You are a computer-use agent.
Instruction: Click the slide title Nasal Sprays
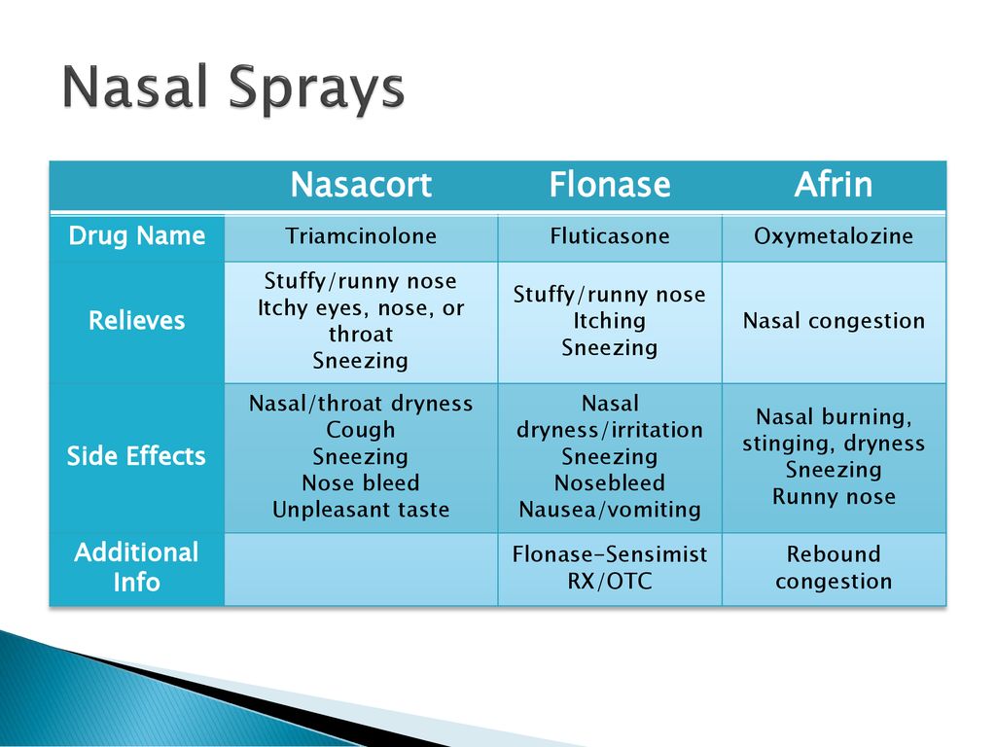tap(233, 89)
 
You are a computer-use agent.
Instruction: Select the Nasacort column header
tap(361, 185)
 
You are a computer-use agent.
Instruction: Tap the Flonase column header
tap(610, 185)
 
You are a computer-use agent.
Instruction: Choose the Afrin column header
tap(834, 185)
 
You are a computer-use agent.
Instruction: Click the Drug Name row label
tap(136, 235)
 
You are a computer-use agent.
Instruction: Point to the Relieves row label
tap(136, 320)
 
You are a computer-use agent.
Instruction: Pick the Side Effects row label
tap(136, 456)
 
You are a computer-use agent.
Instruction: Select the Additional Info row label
tap(136, 567)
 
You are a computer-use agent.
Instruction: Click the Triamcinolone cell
tap(361, 236)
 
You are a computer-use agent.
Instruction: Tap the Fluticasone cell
tap(610, 236)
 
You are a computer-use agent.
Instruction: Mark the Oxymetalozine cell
tap(834, 236)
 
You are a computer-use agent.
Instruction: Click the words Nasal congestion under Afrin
tap(834, 321)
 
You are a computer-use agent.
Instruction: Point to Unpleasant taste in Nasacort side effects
tap(361, 510)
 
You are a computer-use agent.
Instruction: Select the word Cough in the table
tap(361, 430)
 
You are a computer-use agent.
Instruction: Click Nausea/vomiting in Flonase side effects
tap(610, 510)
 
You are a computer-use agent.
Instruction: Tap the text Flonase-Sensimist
tap(610, 553)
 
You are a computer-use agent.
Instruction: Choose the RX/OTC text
tap(610, 582)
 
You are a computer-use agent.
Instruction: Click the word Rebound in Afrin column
tap(834, 553)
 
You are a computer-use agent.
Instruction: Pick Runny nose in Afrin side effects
tap(834, 497)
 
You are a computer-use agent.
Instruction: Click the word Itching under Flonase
tap(610, 321)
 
